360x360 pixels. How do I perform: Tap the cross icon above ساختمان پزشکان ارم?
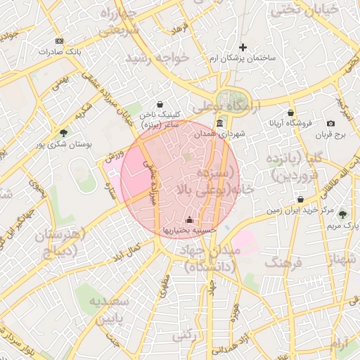click(x=243, y=47)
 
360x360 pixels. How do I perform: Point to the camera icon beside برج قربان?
click(x=331, y=124)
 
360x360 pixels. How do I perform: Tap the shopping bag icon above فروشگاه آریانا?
click(x=290, y=113)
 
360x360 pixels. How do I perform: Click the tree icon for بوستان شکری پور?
click(x=64, y=132)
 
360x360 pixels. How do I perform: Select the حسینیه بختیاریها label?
click(x=189, y=230)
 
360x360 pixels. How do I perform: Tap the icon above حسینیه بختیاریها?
click(x=189, y=219)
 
